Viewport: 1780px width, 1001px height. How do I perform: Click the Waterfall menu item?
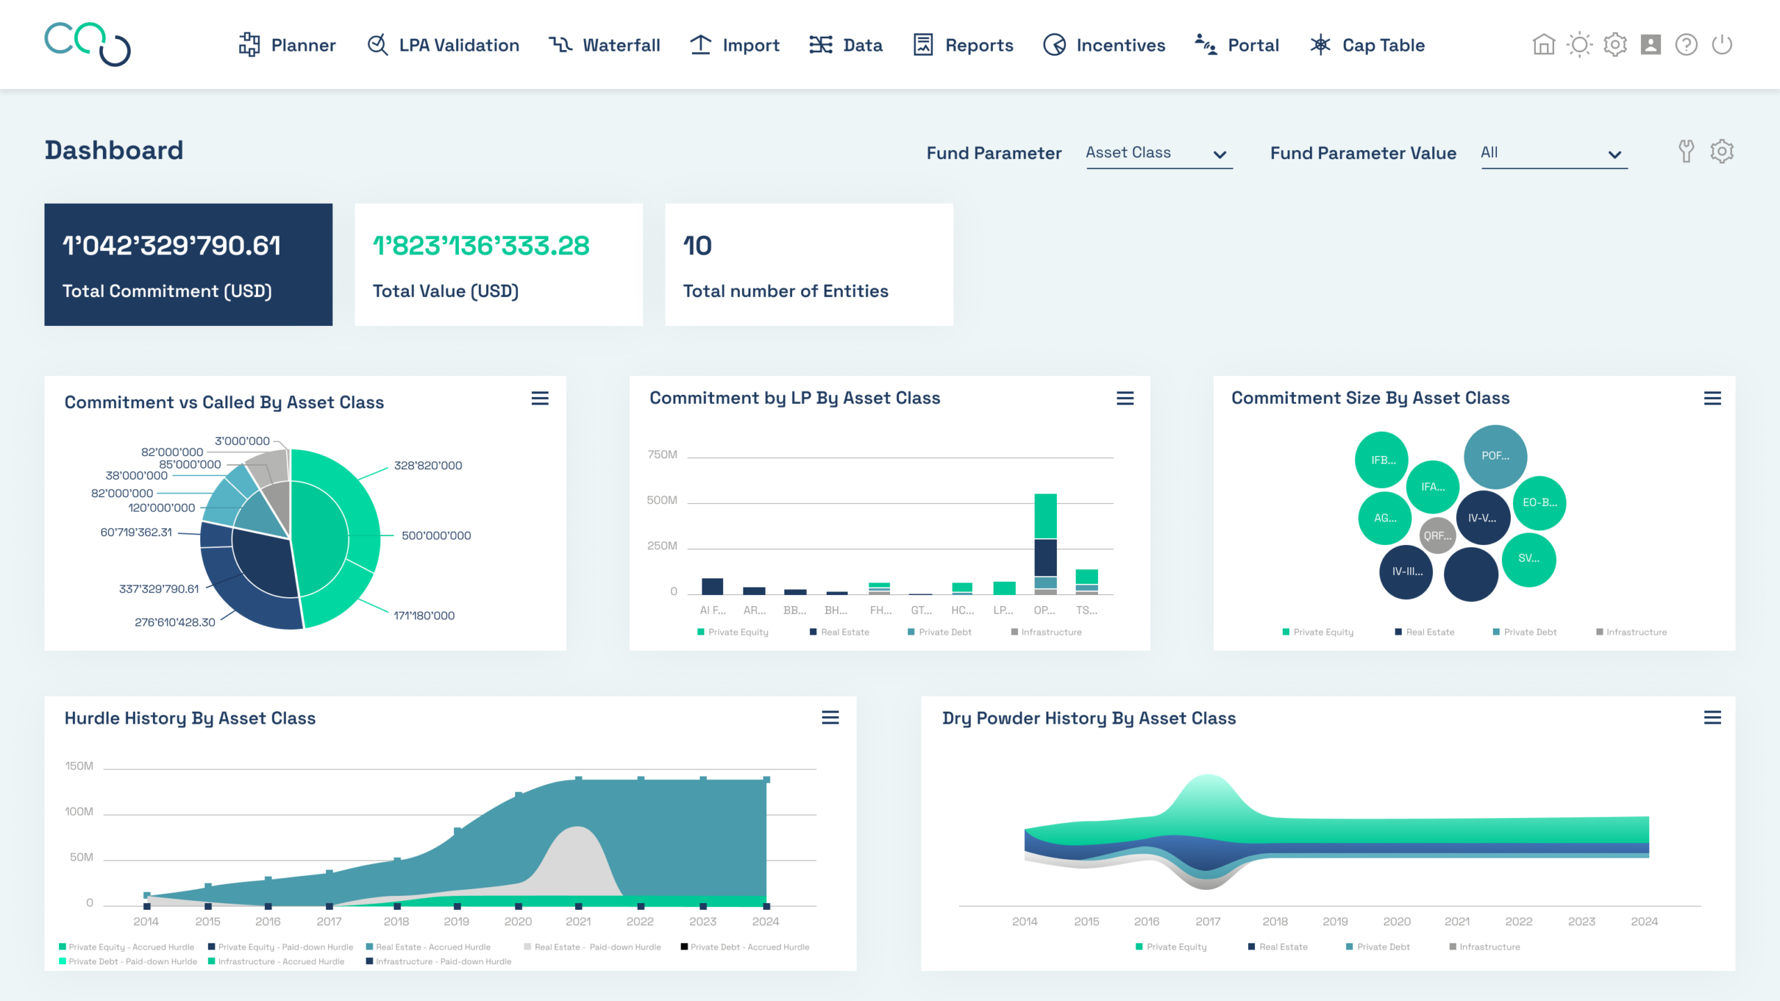pos(604,45)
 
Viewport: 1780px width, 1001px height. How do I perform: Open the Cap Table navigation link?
pos(1367,45)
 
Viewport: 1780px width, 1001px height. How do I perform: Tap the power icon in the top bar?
pos(1722,45)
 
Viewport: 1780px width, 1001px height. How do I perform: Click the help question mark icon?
pos(1686,45)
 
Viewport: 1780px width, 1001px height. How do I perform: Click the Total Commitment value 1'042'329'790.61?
pos(172,245)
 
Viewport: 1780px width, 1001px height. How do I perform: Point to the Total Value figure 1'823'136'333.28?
pos(481,245)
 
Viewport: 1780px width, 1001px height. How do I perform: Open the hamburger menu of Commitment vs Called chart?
pos(540,398)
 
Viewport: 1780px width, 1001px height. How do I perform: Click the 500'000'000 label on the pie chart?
pos(436,535)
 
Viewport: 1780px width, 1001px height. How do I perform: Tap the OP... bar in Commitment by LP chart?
pos(1045,544)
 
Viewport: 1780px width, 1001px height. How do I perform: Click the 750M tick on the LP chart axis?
pos(662,455)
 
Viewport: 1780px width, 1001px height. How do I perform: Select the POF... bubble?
pos(1496,456)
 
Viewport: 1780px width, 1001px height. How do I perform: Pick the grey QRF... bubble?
pos(1437,536)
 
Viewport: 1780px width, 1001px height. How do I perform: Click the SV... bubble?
pos(1529,559)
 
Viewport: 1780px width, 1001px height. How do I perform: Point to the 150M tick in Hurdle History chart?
pos(79,766)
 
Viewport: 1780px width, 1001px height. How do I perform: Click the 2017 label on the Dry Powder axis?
pos(1208,922)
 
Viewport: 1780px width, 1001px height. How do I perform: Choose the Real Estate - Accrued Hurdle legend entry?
pos(428,947)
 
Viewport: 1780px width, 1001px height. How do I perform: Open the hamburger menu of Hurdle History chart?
pos(830,717)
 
